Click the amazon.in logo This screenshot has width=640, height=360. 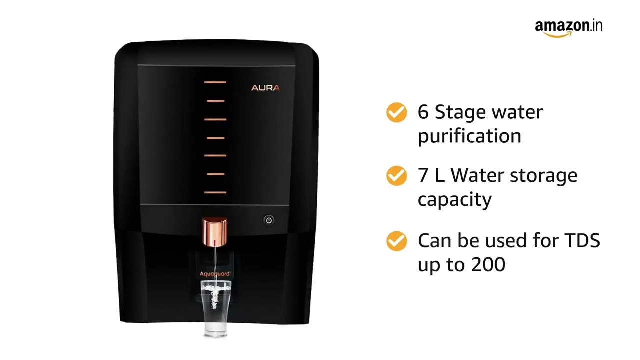click(x=568, y=28)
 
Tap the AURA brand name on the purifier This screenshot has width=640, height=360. click(x=265, y=88)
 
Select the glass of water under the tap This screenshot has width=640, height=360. click(x=216, y=308)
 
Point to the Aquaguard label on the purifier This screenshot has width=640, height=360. click(x=215, y=273)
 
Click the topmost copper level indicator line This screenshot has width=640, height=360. click(x=215, y=82)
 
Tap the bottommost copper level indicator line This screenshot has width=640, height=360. click(x=215, y=192)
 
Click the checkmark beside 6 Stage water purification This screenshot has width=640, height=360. click(x=396, y=112)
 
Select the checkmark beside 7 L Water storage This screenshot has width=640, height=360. click(x=396, y=176)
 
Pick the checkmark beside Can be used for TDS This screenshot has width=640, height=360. click(x=396, y=241)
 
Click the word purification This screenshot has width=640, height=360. click(x=469, y=136)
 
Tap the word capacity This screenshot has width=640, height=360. click(x=454, y=200)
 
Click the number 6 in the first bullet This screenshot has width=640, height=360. click(x=423, y=112)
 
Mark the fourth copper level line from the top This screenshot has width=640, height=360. click(x=215, y=137)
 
